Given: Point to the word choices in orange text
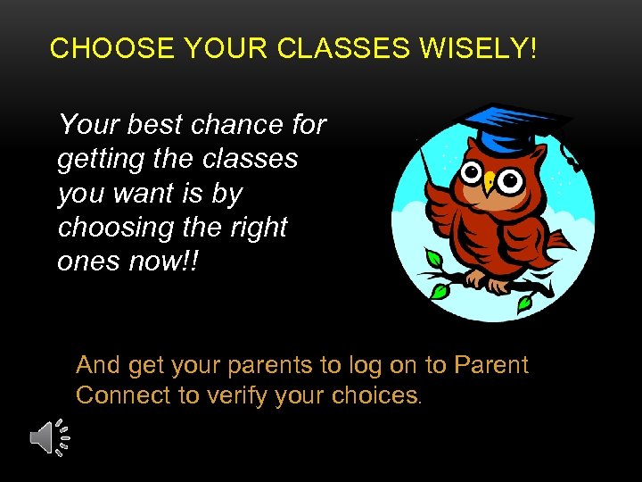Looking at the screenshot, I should pyautogui.click(x=374, y=395).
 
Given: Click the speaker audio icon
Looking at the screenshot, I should pyautogui.click(x=49, y=437).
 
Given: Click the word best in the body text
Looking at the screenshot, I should pyautogui.click(x=154, y=124).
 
